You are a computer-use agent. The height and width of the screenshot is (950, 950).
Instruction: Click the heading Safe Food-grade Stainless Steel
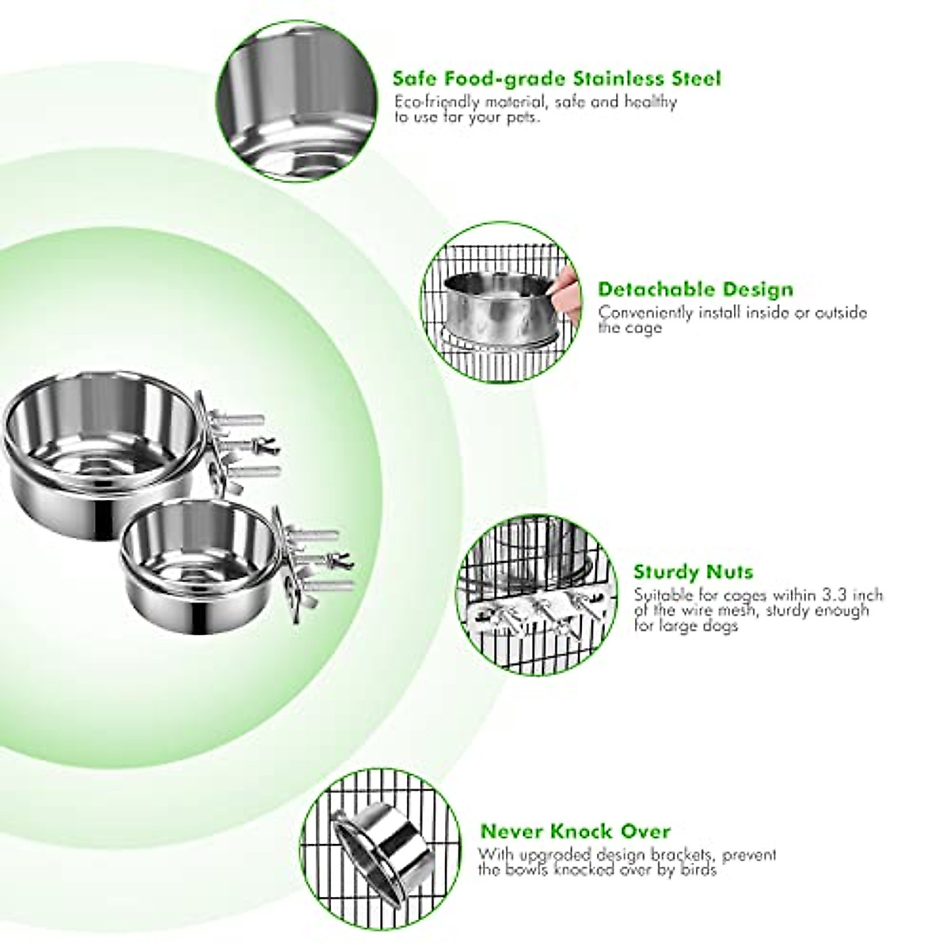pos(557,79)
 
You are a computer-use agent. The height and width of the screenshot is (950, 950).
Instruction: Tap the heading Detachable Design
pos(695,289)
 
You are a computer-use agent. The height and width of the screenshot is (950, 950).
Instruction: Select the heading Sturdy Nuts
pos(693,572)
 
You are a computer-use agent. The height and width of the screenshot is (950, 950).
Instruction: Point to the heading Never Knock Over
pos(575,831)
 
